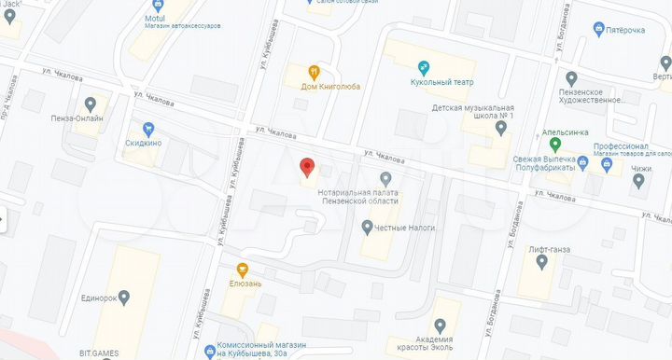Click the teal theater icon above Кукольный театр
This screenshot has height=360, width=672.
click(423, 67)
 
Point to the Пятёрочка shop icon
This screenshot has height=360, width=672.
click(598, 30)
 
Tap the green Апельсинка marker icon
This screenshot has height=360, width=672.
click(556, 145)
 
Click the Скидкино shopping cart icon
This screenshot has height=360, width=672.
click(147, 129)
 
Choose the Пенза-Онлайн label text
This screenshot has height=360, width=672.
click(78, 118)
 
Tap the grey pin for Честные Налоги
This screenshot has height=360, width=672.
click(368, 226)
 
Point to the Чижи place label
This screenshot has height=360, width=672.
click(639, 169)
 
